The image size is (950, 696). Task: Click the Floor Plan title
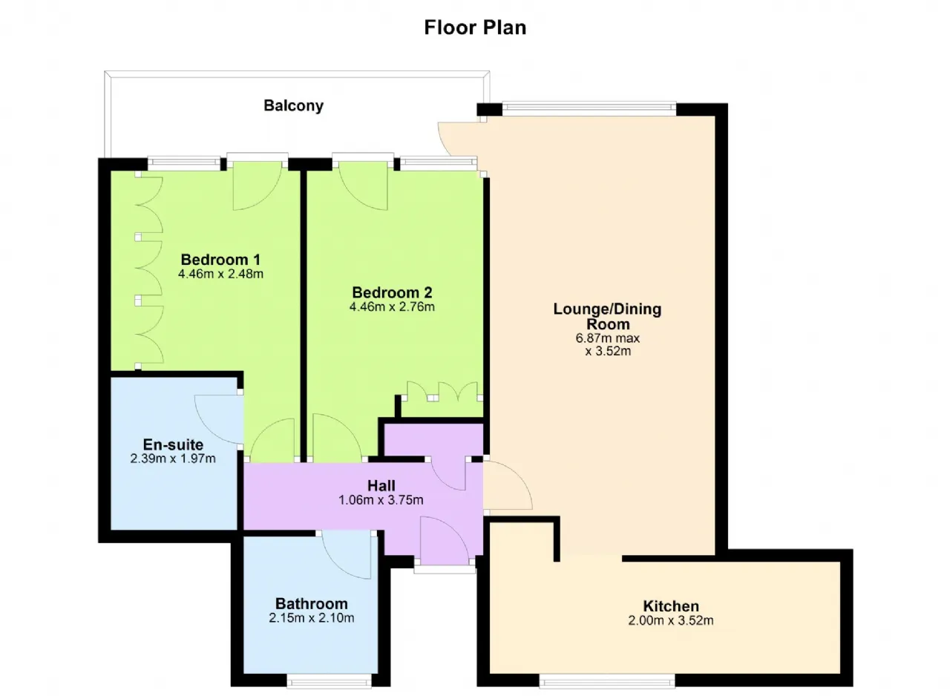475,27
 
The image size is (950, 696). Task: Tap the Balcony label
293,105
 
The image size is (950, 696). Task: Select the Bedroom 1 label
220,260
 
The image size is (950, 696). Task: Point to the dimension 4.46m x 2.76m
392,306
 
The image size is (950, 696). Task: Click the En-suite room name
173,444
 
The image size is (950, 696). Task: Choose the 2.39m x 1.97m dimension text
173,459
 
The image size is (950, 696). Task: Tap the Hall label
381,485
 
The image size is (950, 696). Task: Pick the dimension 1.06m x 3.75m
381,500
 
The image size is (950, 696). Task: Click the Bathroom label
312,603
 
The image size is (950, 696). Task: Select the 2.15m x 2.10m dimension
312,617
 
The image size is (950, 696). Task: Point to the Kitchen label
671,605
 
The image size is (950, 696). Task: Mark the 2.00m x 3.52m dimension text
671,620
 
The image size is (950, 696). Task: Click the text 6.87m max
607,338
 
